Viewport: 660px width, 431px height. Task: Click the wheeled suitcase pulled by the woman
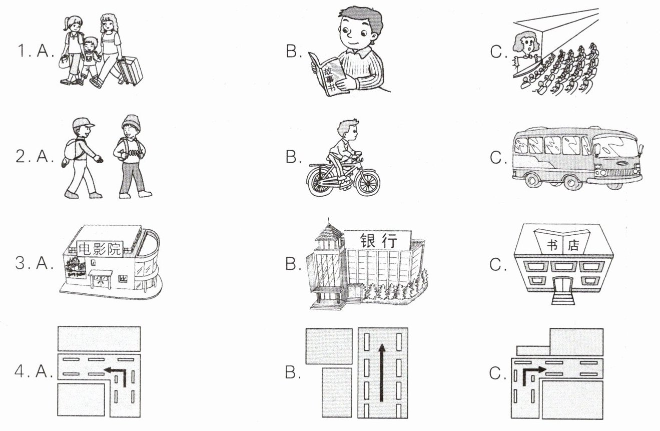click(130, 70)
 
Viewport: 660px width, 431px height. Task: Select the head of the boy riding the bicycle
click(348, 132)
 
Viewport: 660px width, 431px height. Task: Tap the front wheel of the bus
click(571, 183)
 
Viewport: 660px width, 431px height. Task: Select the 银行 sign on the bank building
click(378, 241)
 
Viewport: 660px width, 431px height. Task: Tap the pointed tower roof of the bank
click(329, 233)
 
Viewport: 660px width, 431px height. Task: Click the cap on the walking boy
click(84, 123)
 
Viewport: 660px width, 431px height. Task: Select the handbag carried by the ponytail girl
click(64, 63)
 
